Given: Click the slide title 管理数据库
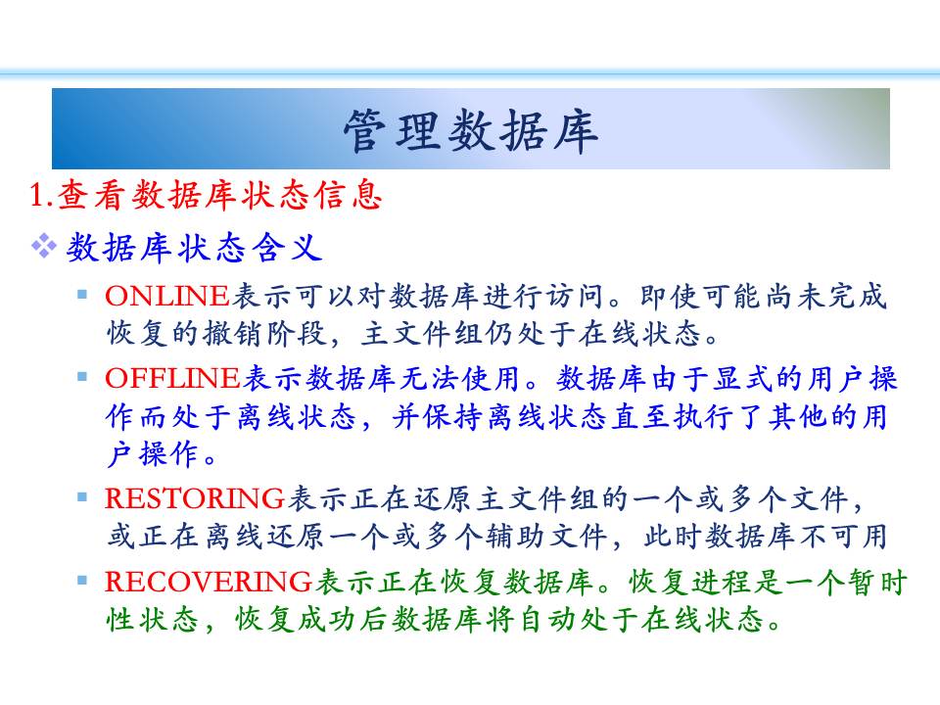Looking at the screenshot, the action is click(471, 130).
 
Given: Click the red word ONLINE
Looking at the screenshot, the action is click(167, 296).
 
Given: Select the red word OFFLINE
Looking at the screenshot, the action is click(172, 378).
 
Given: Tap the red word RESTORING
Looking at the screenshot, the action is click(195, 498).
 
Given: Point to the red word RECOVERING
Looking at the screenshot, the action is click(209, 582).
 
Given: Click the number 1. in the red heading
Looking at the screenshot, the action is click(42, 195).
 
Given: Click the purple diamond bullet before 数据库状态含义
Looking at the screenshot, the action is click(44, 246).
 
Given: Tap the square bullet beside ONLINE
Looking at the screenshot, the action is click(82, 295).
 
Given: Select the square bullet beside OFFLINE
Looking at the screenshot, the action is click(82, 376).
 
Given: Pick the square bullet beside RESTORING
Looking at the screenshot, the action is click(82, 497).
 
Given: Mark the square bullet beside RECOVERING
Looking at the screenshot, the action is click(82, 580).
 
